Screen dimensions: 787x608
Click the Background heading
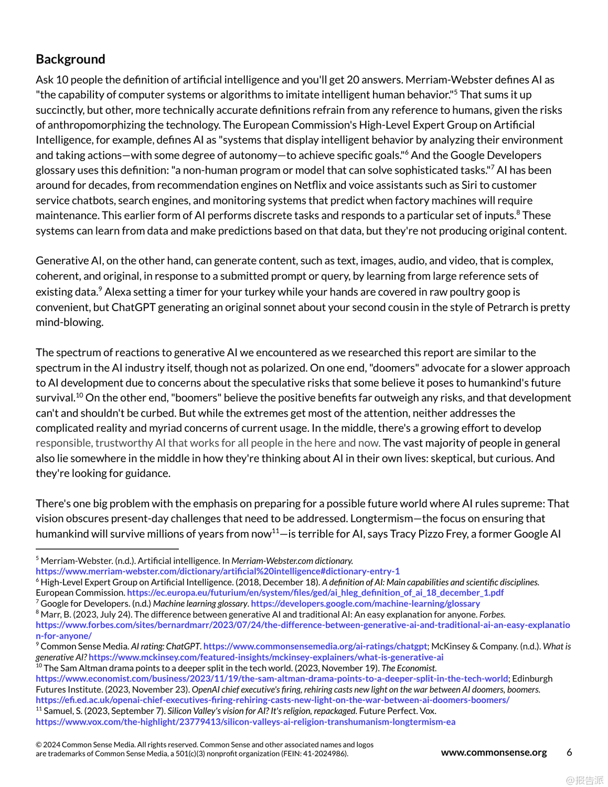(70, 59)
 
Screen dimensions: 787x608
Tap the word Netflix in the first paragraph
(310, 185)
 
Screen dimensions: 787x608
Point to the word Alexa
(118, 292)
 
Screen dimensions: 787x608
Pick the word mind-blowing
(69, 322)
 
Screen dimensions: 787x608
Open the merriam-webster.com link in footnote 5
(218, 571)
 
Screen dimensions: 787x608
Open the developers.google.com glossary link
(365, 604)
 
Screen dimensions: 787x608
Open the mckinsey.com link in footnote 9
(266, 657)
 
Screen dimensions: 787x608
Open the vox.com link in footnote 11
(246, 722)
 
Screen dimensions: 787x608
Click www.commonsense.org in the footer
(494, 752)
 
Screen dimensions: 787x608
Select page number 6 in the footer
(569, 752)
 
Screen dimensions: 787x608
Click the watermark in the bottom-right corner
(584, 780)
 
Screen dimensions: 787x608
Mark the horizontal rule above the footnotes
(107, 549)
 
